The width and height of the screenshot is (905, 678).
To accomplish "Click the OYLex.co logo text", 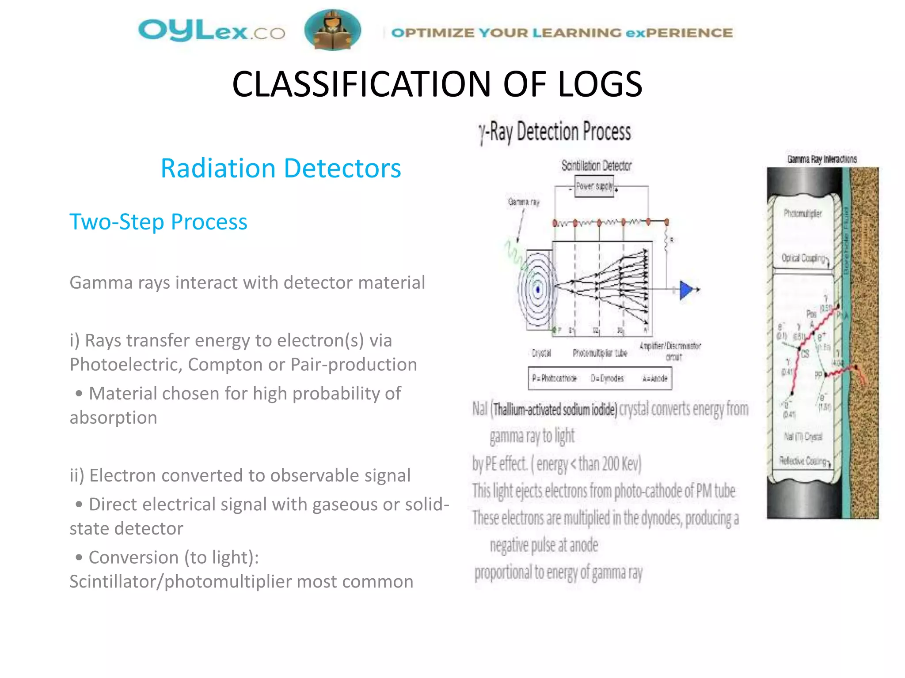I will click(211, 31).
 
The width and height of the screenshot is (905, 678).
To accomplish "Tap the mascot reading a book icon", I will click(332, 30).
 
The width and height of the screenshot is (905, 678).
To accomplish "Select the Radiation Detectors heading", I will click(281, 168).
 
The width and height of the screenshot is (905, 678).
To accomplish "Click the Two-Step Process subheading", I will click(158, 222).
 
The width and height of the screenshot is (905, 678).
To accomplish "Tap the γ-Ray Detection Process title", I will click(555, 132).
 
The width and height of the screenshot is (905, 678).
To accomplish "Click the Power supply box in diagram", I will click(594, 186).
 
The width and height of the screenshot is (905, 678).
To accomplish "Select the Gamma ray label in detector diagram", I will click(524, 202).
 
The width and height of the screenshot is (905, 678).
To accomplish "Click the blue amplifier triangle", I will click(685, 290).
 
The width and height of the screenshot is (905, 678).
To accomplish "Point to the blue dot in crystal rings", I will click(538, 290).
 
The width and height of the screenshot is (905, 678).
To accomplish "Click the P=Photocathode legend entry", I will click(554, 378).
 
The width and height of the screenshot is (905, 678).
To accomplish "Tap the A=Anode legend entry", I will click(654, 378).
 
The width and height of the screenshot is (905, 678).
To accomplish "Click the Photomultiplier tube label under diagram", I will click(600, 353).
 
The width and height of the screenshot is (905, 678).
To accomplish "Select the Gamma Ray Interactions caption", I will click(821, 159).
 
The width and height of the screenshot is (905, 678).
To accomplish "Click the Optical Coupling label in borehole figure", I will click(803, 258).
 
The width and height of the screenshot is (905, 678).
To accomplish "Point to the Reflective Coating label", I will click(803, 461).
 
